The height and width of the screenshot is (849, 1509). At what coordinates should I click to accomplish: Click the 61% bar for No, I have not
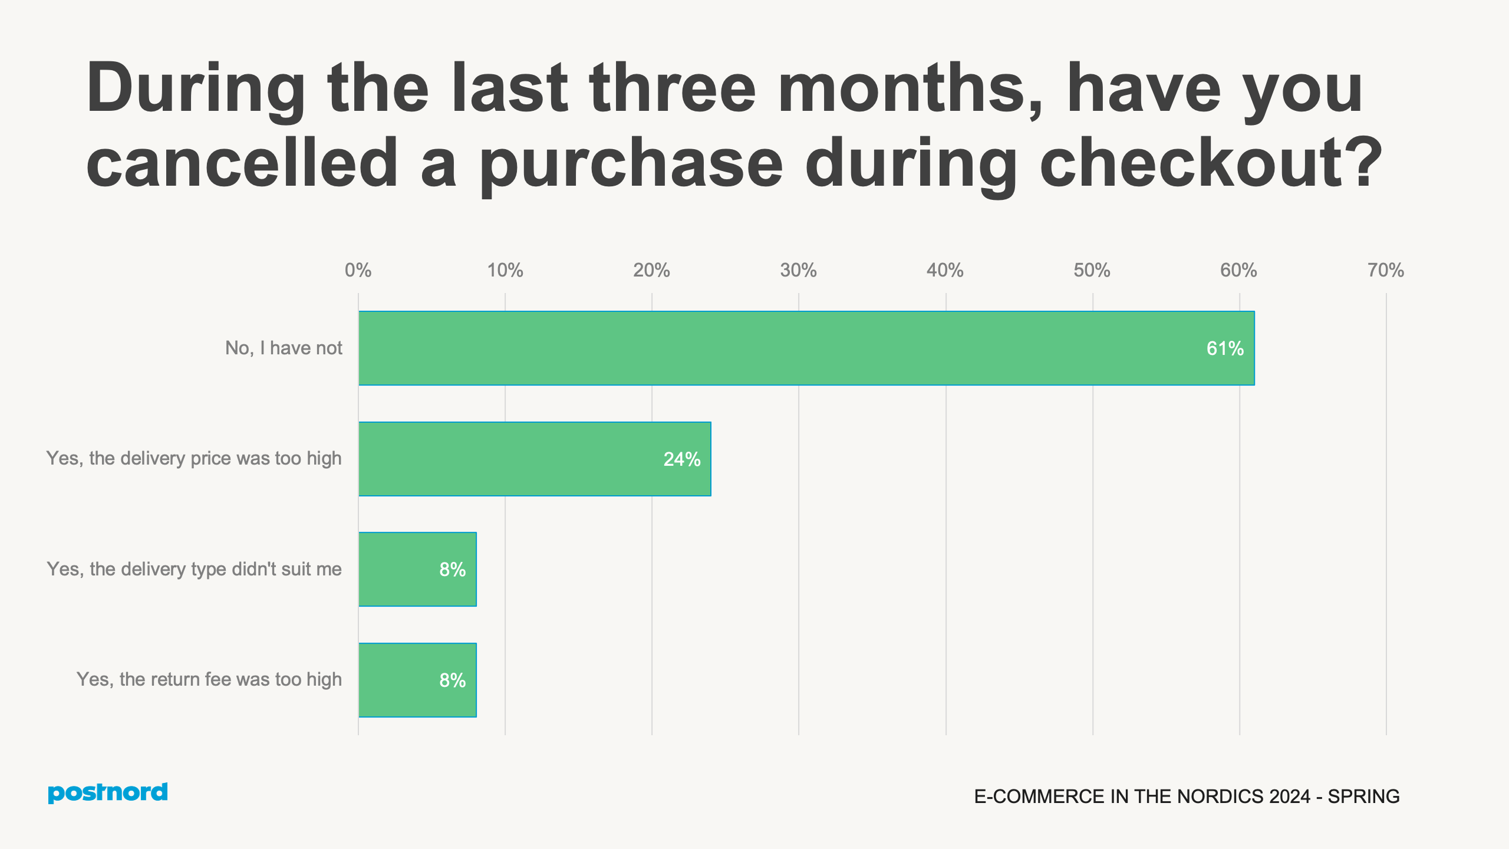click(806, 348)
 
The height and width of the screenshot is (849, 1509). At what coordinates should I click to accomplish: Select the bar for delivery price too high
click(535, 459)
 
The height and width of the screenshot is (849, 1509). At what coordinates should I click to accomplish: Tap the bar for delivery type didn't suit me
click(417, 569)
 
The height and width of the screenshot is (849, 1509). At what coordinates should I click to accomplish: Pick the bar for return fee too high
click(417, 680)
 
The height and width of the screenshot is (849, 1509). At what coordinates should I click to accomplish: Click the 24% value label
click(682, 459)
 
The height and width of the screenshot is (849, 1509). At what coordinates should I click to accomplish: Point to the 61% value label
click(1225, 348)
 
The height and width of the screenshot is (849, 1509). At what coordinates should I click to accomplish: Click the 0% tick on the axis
click(358, 271)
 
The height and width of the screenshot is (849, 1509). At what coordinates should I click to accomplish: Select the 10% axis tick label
click(505, 271)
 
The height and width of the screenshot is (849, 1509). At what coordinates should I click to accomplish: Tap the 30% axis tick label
click(798, 271)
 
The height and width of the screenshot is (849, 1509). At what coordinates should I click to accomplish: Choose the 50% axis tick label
click(1092, 271)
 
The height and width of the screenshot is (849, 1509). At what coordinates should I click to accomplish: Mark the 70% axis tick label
click(1386, 271)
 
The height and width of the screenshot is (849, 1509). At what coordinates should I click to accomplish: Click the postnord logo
click(108, 792)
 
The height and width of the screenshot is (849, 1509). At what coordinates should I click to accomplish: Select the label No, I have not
click(284, 348)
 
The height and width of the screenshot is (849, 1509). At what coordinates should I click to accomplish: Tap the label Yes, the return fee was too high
click(209, 679)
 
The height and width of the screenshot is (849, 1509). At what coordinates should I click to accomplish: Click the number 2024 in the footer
click(1289, 797)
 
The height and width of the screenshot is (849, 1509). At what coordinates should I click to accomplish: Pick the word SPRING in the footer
click(1363, 797)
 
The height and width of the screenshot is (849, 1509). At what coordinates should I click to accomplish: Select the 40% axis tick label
click(945, 271)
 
